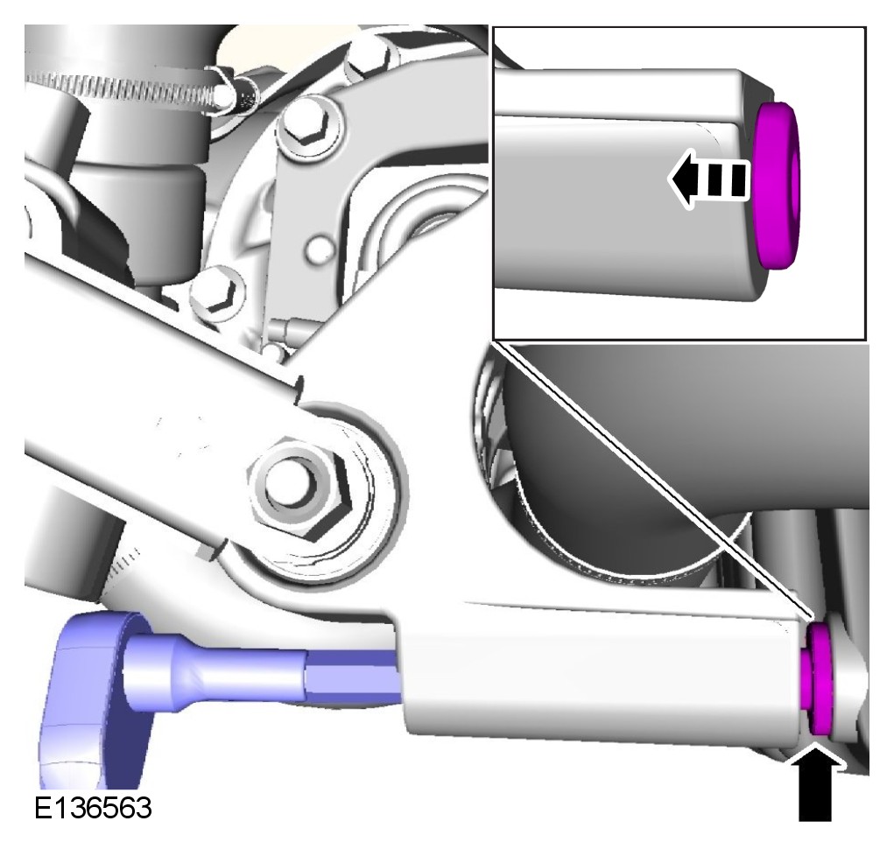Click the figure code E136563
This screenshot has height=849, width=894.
point(93,807)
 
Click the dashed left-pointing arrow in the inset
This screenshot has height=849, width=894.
point(707,178)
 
